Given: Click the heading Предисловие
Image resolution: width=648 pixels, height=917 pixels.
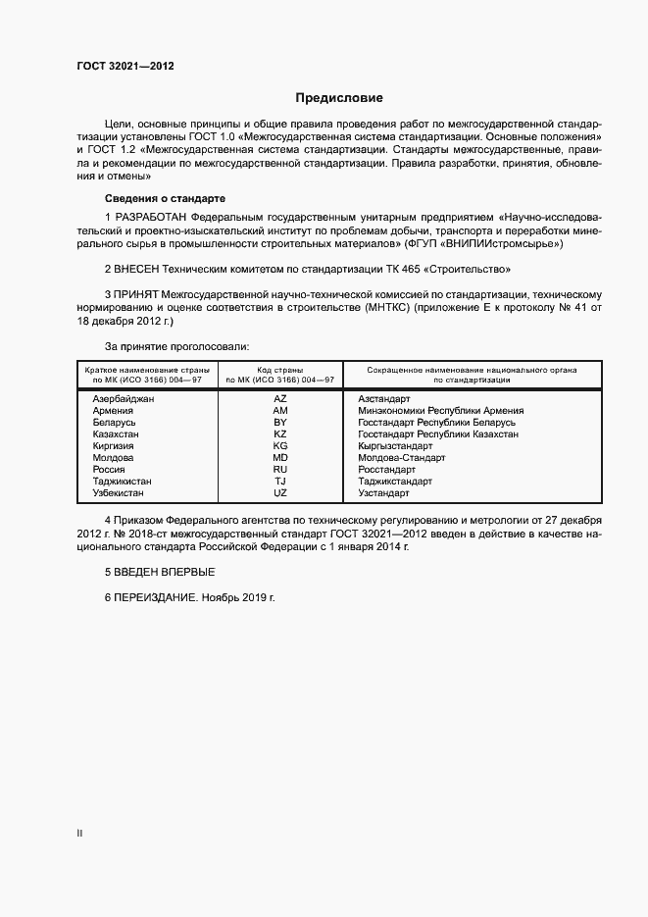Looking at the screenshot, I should (x=339, y=98).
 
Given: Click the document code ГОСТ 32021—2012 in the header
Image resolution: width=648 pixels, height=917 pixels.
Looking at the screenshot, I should (x=125, y=66).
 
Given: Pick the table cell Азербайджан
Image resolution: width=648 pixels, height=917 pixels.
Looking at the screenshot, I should (x=124, y=399).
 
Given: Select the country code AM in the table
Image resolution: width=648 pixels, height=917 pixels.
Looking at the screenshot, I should (x=280, y=411).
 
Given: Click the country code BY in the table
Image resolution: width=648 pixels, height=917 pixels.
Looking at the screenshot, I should (x=280, y=423).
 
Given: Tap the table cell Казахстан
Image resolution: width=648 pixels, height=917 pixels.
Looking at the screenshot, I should (x=116, y=433).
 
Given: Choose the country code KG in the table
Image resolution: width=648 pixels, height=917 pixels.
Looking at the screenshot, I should (x=280, y=445).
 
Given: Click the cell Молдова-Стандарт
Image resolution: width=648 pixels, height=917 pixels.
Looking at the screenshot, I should (x=402, y=457).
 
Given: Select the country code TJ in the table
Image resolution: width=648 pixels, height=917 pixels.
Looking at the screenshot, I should (x=280, y=482).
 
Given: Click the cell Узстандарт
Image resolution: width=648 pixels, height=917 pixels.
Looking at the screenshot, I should (x=385, y=493).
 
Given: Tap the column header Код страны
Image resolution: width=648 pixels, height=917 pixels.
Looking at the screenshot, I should (x=280, y=370).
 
